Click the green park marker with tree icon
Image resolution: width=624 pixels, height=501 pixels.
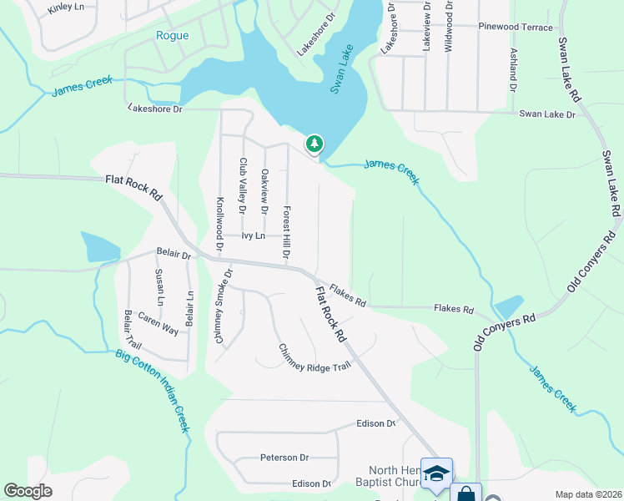pos(314,144)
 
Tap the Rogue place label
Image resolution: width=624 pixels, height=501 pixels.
pos(172,36)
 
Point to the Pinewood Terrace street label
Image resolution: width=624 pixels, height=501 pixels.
pos(516,28)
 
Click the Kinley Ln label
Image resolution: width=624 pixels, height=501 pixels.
pos(66,8)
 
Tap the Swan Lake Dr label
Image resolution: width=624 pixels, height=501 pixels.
pos(547,114)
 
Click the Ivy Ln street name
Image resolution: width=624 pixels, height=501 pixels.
pos(253,236)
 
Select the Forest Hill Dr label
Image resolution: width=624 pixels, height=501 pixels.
pos(286,231)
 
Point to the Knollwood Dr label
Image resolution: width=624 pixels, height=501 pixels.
pos(220,224)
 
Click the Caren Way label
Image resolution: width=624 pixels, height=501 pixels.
pos(159,325)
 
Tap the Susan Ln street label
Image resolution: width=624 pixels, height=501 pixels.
pos(159,286)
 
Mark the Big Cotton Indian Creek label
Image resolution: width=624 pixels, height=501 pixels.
pos(153,393)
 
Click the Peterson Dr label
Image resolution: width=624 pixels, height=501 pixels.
pos(284,458)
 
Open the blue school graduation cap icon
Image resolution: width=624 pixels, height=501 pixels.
pos(436,473)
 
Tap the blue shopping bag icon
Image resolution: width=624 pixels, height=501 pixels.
pos(465,494)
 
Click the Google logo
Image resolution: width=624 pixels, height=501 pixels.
pos(28,491)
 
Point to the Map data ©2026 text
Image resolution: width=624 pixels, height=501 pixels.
pos(587,494)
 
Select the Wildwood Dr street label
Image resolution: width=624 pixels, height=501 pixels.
pos(449,25)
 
